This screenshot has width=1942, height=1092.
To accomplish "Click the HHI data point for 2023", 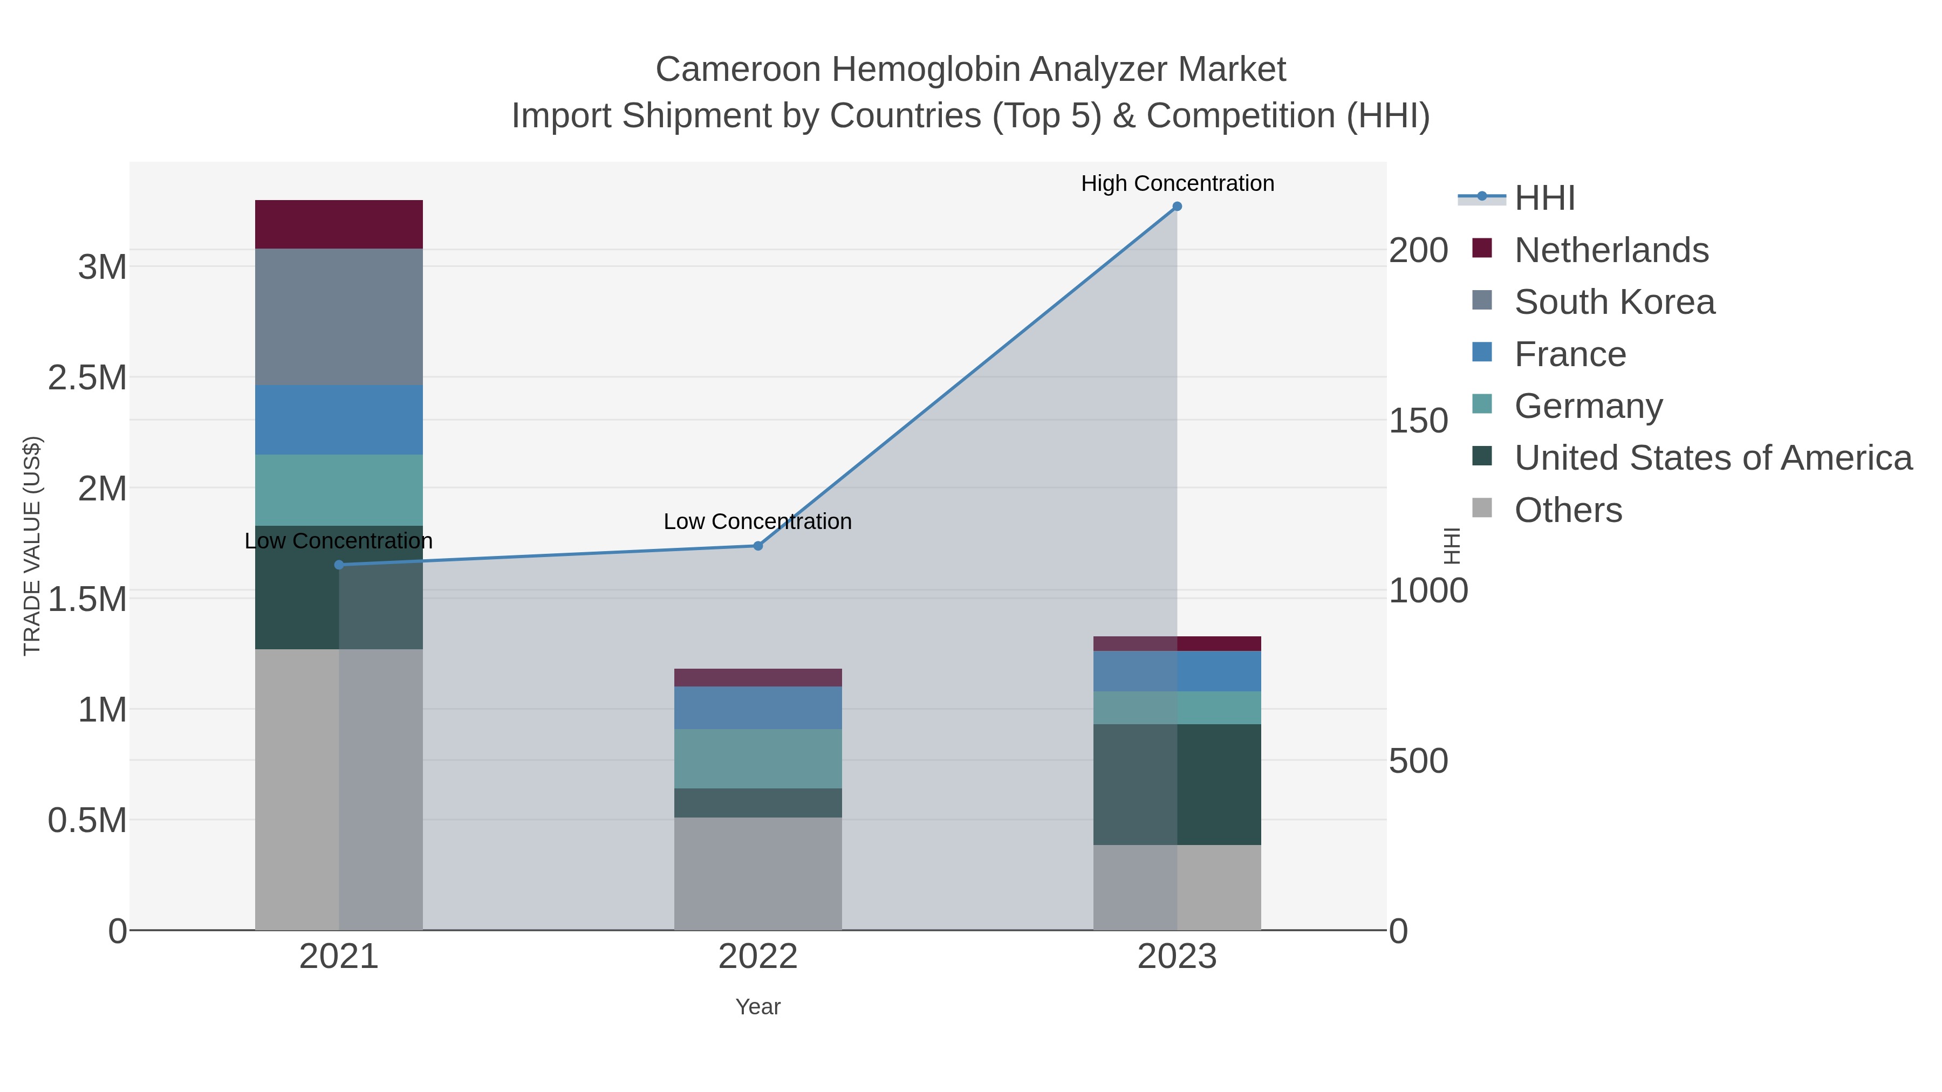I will [1177, 207].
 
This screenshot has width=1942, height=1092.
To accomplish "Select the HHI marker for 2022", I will [758, 546].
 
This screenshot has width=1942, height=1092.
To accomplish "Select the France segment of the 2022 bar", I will [758, 708].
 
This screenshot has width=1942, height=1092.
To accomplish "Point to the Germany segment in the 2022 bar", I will [758, 759].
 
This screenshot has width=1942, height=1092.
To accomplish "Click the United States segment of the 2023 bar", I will [1177, 785].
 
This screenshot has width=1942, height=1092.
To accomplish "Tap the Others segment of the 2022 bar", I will [758, 874].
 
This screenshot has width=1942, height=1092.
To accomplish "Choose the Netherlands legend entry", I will [1611, 250].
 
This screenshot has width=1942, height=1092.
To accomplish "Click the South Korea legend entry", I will [1614, 302].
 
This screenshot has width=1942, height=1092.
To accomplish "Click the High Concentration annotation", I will [1178, 184].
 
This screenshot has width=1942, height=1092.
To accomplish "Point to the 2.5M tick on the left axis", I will [87, 377].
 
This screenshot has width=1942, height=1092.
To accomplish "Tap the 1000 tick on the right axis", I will [1428, 592].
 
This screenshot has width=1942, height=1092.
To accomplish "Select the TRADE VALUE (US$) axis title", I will [32, 546].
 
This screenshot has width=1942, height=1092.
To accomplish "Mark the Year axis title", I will [758, 1007].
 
